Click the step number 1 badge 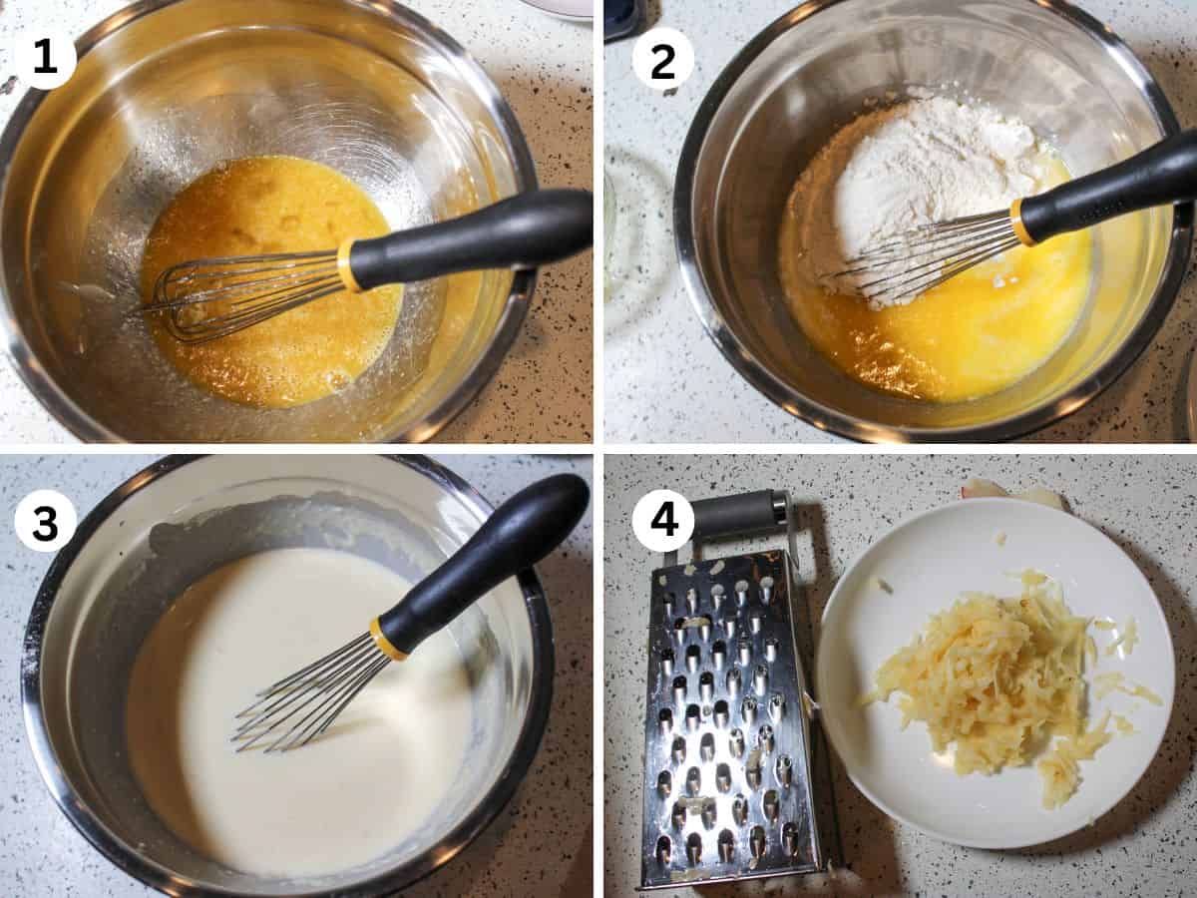click(x=45, y=58)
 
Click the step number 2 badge click(x=662, y=58)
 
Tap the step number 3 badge click(x=45, y=521)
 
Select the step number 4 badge click(x=662, y=521)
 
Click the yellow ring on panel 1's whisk click(x=348, y=265)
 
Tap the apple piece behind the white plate click(x=1007, y=492)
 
